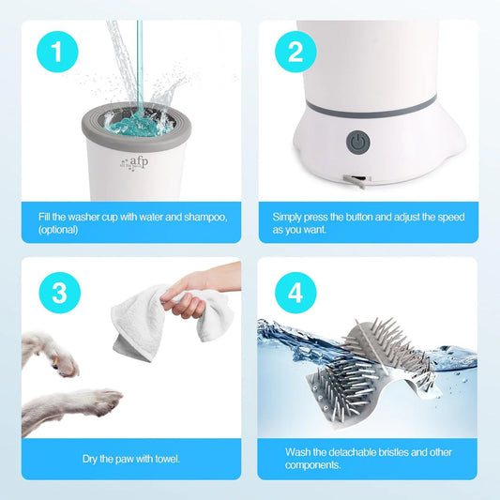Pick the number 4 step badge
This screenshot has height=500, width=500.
(x=295, y=293)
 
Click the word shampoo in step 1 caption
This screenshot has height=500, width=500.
(x=202, y=217)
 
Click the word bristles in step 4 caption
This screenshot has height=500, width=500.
(x=392, y=452)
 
